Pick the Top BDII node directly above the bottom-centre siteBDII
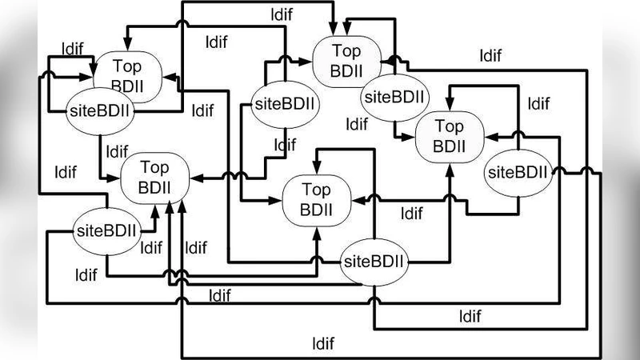pos(316,200)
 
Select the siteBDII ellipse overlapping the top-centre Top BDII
pos(394,97)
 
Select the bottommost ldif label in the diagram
pos(323,345)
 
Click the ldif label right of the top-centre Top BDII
pos(490,55)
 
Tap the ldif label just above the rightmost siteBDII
pos(538,103)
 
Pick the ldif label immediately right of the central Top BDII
pos(411,214)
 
